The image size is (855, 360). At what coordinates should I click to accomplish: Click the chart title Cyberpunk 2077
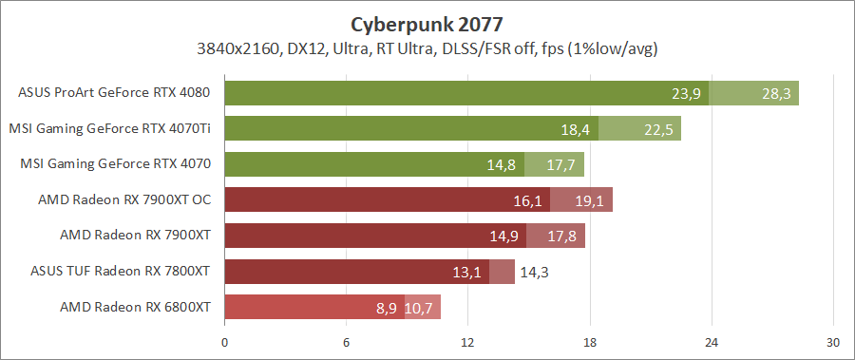(x=427, y=23)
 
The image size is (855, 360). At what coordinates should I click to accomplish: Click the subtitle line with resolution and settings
(x=427, y=47)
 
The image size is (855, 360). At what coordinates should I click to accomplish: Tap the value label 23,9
(x=686, y=93)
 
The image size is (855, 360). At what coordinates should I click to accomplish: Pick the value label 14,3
(x=537, y=272)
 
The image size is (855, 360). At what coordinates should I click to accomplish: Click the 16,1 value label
(x=527, y=199)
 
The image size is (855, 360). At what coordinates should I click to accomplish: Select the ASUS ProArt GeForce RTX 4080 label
(x=114, y=93)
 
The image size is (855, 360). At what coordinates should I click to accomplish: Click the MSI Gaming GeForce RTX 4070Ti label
(x=109, y=128)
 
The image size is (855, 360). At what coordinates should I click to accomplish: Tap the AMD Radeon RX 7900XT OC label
(x=123, y=199)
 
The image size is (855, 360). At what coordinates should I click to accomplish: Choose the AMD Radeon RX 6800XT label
(x=135, y=307)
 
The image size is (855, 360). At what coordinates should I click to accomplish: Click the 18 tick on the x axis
(x=590, y=342)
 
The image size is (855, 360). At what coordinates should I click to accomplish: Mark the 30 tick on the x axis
(x=833, y=342)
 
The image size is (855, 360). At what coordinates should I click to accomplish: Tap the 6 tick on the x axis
(x=347, y=342)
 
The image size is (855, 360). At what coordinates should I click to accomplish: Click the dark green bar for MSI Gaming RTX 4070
(x=370, y=164)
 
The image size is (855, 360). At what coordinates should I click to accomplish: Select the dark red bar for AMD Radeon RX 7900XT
(x=370, y=236)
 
